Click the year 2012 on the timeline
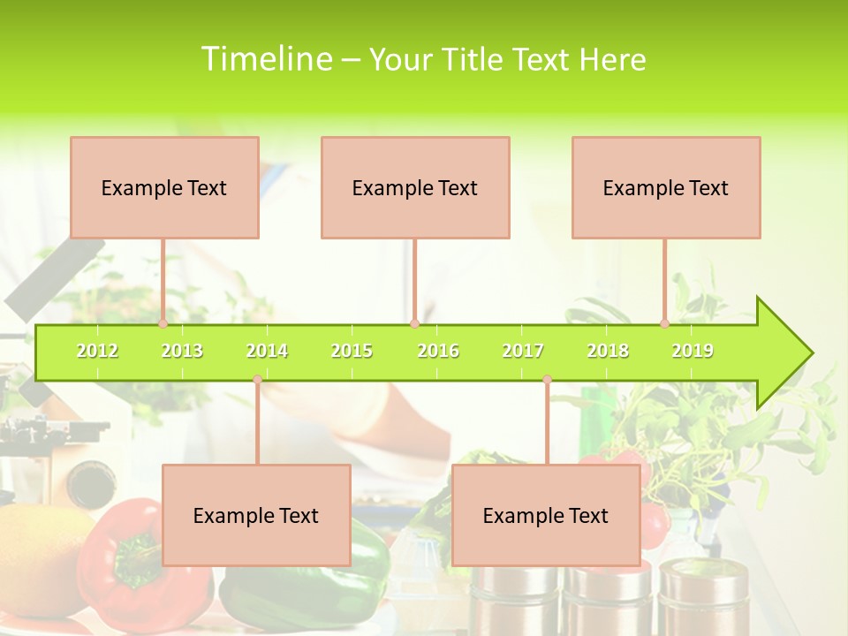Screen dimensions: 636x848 coord(97,351)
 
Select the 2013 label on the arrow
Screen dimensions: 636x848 coord(182,351)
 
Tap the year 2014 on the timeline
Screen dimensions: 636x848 coord(267,351)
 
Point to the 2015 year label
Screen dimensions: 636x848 coord(352,351)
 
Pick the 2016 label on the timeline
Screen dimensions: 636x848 coord(438,351)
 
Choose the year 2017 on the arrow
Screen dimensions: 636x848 coord(523,351)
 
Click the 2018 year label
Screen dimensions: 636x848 coord(608,351)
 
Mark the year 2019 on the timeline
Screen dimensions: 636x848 coord(693,351)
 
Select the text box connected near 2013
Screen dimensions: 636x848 coord(164,187)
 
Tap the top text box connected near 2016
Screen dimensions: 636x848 coord(415,187)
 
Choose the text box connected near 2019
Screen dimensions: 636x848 coord(666,187)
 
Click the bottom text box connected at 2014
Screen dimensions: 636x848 coord(256,515)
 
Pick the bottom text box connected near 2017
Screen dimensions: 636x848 coord(546,515)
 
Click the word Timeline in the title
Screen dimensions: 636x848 coord(266,59)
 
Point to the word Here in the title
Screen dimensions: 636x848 coord(612,60)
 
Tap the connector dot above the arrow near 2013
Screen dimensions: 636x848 coord(163,323)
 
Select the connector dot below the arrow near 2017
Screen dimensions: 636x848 coord(547,380)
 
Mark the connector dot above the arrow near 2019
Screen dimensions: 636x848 coord(664,323)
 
